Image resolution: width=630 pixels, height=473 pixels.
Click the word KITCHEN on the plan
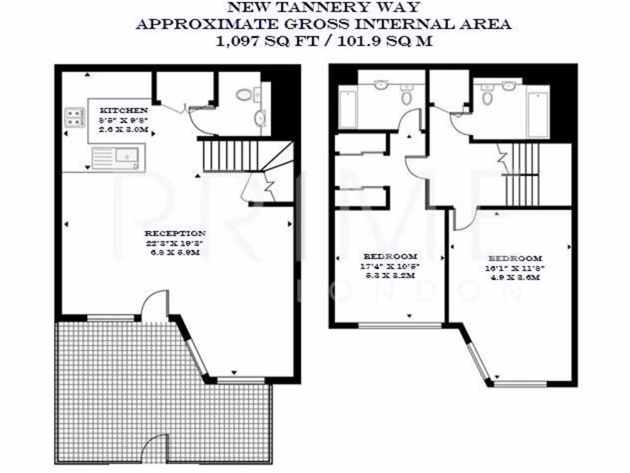coord(125,111)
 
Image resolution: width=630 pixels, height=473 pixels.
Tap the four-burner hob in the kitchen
coord(74,118)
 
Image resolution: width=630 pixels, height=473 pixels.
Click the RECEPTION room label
coord(175,233)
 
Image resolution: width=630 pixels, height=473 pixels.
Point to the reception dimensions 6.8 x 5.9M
coord(175,253)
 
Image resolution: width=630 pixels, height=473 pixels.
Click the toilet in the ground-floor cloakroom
coord(244,95)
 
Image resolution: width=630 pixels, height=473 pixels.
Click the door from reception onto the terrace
coord(154,307)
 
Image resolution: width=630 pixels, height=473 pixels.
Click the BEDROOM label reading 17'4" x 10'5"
coord(390,256)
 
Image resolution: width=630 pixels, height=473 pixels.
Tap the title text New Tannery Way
coord(324,7)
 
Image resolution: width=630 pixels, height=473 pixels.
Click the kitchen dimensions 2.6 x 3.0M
coord(125,131)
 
